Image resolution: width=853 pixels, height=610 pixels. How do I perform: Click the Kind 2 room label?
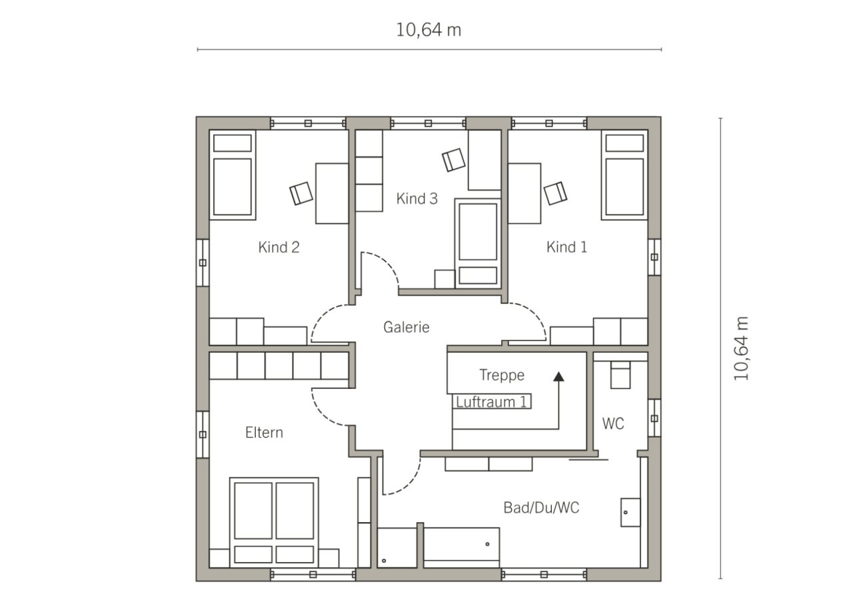(279, 247)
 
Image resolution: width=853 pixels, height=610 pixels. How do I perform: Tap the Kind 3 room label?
(417, 198)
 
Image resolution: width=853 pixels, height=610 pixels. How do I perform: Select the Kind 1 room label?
(566, 247)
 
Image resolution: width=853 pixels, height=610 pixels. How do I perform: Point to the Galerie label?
(407, 327)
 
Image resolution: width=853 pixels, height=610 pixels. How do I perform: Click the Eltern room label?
(265, 433)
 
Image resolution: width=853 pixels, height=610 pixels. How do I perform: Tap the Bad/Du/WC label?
(541, 507)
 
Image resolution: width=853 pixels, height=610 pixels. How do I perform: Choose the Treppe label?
(502, 375)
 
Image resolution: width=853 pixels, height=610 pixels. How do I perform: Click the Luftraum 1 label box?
(492, 402)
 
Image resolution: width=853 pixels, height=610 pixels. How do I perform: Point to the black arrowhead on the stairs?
(558, 376)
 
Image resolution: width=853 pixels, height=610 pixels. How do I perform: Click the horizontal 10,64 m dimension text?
(428, 30)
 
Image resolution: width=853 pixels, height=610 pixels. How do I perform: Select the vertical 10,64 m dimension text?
(741, 348)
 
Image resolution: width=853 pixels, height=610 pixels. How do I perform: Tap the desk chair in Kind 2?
(301, 193)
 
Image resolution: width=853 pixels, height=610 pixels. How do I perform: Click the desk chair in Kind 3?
(454, 160)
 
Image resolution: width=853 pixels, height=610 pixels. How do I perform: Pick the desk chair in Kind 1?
(555, 193)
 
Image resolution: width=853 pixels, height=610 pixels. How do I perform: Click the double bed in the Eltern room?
(274, 522)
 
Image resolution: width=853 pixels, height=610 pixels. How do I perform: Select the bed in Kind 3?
(478, 243)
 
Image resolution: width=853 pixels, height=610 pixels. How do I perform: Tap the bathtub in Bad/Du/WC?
(462, 547)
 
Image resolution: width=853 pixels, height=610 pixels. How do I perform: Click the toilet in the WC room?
(620, 375)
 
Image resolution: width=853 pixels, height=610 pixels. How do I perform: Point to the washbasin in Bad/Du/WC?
(630, 512)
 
